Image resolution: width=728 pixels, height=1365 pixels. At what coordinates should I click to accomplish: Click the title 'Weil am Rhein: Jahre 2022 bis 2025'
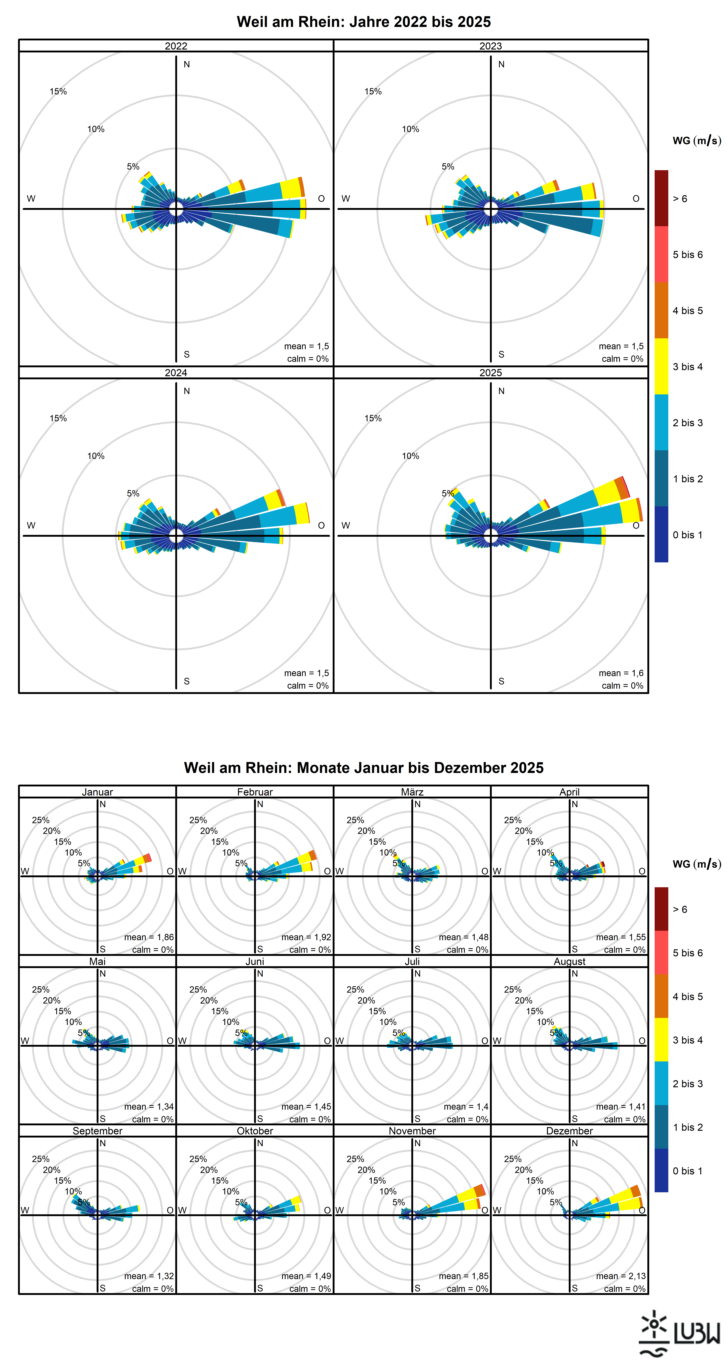coord(363,22)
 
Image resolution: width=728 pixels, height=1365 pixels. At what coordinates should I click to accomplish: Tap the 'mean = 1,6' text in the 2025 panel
coord(621,673)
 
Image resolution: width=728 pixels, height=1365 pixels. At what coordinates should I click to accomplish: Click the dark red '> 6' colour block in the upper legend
coord(661,198)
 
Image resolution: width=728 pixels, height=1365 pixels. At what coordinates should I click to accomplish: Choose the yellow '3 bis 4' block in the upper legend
coord(661,366)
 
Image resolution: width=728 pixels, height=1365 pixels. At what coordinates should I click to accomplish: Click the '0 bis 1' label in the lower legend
coord(688,1170)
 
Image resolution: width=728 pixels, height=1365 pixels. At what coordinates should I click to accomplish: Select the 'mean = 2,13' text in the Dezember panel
coord(621,1276)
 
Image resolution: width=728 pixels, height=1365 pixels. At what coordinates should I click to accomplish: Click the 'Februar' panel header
coord(255,792)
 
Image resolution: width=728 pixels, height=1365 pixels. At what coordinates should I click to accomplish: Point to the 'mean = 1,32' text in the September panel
coord(149,1276)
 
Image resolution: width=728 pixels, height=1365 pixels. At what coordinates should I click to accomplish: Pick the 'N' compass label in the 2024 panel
coord(187,391)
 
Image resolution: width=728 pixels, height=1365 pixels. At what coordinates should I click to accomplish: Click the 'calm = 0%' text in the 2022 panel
coord(308,359)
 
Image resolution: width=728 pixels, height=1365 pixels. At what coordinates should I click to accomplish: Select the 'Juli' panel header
coord(412,961)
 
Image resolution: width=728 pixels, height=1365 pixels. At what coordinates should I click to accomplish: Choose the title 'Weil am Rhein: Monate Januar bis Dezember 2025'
coord(363,768)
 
